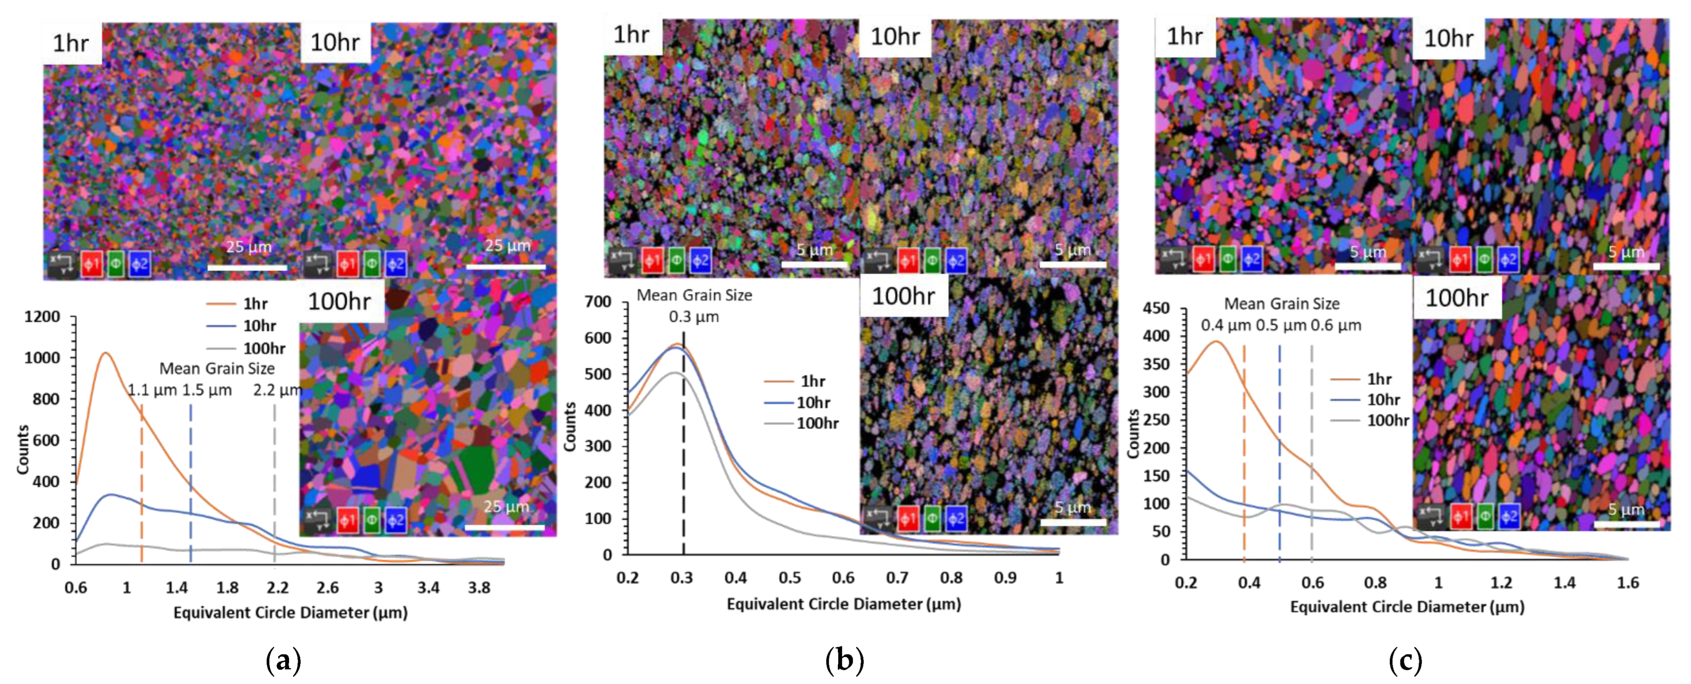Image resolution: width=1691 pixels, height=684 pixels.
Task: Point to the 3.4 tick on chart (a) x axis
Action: pyautogui.click(x=428, y=588)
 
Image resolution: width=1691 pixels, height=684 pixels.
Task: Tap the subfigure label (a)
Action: pyautogui.click(x=283, y=660)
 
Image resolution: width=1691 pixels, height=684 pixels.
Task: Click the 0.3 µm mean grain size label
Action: pyautogui.click(x=693, y=317)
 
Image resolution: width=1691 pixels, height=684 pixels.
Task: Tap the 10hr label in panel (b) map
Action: pyautogui.click(x=895, y=37)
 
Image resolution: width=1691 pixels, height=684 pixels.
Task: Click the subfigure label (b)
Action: pyautogui.click(x=844, y=660)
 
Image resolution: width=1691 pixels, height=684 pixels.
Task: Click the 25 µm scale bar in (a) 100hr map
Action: pyautogui.click(x=504, y=527)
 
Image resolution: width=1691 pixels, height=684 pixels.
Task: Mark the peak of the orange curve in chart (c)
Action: pyautogui.click(x=1216, y=341)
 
